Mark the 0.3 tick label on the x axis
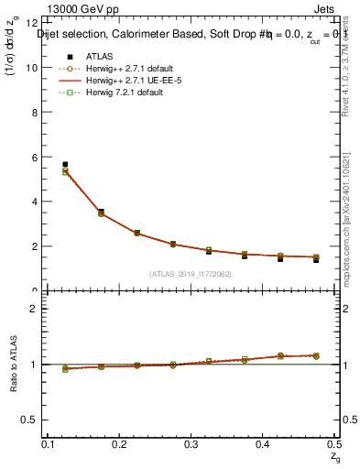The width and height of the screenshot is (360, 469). click(192, 443)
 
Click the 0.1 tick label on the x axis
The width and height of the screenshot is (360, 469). click(49, 443)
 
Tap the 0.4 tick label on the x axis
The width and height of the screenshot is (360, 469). click(264, 443)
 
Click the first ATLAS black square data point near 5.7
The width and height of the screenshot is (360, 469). click(65, 165)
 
